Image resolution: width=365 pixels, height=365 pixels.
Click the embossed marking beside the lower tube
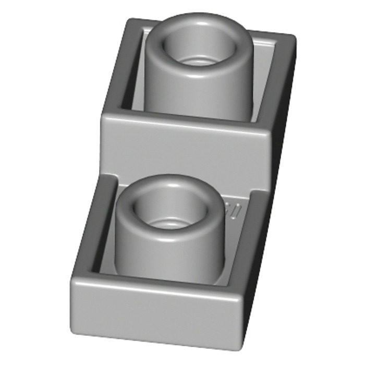pos(234,212)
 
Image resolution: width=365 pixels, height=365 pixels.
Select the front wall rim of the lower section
pos(156,284)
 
